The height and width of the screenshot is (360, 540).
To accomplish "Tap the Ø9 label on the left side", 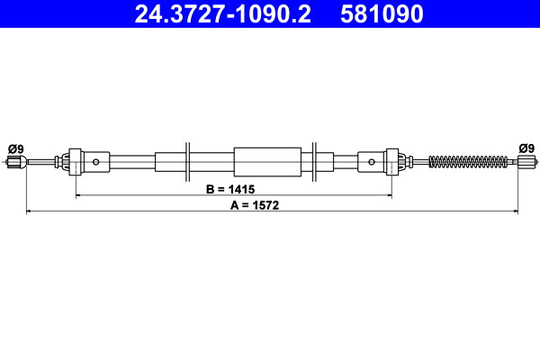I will pyautogui.click(x=14, y=148).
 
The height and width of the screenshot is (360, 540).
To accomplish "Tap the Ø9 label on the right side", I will pyautogui.click(x=526, y=148).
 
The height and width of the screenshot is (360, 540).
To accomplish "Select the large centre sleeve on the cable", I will pyautogui.click(x=267, y=162).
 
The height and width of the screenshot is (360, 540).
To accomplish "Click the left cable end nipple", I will pyautogui.click(x=13, y=162).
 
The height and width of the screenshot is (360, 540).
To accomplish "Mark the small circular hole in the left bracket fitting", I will pyautogui.click(x=96, y=162).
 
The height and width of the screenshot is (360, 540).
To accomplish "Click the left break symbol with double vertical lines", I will pyautogui.click(x=188, y=162).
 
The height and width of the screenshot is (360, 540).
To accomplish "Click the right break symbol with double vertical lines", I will pyautogui.click(x=313, y=162).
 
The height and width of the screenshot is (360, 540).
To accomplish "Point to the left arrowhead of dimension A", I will pyautogui.click(x=30, y=211).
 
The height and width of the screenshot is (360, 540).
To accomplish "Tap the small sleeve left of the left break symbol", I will pyautogui.click(x=169, y=162).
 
